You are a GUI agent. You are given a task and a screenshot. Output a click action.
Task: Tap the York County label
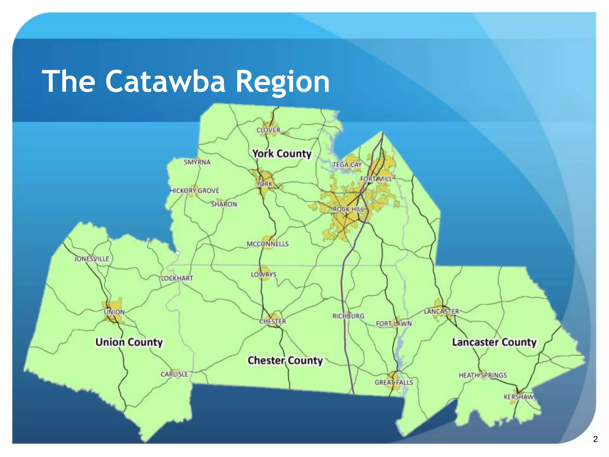click(282, 154)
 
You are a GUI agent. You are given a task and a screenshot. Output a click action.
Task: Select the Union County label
click(129, 342)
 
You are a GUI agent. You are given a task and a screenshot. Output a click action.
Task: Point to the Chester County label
click(285, 361)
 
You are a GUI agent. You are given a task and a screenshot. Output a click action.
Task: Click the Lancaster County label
click(494, 342)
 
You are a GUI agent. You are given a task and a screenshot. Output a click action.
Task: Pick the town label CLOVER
click(268, 130)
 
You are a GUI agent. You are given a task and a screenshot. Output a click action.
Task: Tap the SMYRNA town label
click(197, 162)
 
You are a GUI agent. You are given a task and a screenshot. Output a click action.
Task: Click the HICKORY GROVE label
click(195, 191)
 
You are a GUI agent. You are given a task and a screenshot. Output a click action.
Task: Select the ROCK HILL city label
click(348, 209)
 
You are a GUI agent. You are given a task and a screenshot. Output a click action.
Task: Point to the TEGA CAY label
click(347, 165)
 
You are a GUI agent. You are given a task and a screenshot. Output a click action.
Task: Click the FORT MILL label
click(376, 179)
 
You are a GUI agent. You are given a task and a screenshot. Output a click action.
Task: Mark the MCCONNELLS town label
click(268, 244)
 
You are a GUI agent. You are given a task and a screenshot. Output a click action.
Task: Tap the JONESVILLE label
click(92, 259)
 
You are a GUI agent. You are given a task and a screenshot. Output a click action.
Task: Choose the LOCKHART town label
click(177, 278)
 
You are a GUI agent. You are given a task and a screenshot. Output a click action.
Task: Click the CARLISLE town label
click(174, 374)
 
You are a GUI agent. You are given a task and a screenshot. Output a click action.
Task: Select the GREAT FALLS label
click(394, 382)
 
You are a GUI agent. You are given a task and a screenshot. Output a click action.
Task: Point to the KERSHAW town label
click(518, 397)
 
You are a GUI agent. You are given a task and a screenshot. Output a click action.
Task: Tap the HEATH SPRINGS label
click(483, 375)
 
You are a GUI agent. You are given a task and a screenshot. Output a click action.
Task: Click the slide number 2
click(595, 439)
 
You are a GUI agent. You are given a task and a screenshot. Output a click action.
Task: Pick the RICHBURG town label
click(348, 316)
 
